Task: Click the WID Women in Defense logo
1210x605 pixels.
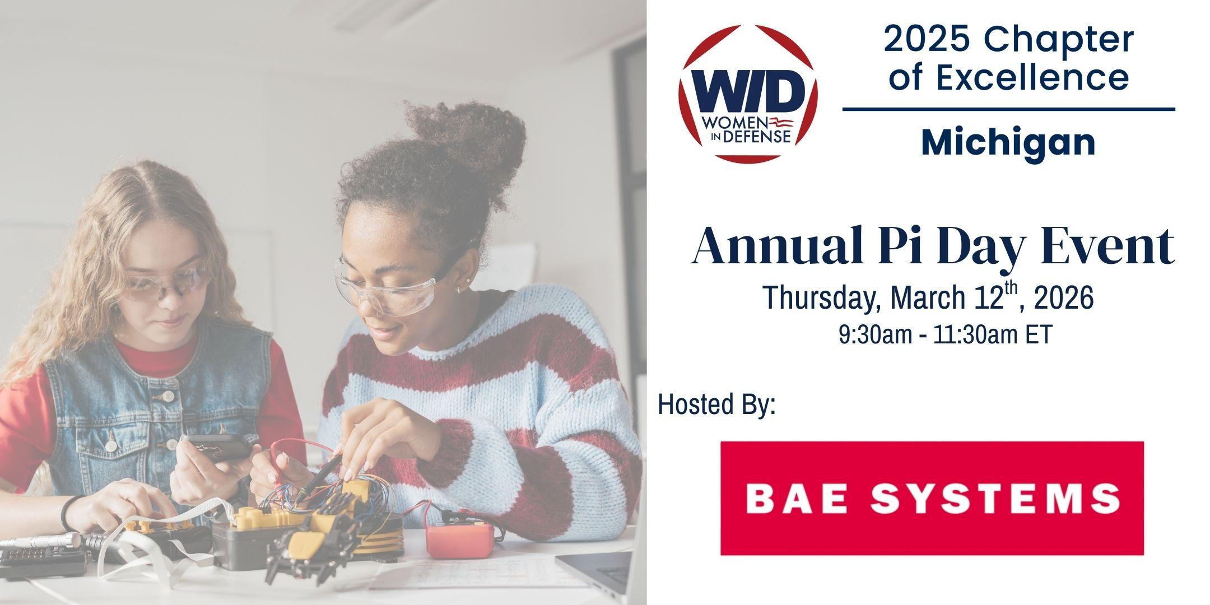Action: pyautogui.click(x=748, y=94)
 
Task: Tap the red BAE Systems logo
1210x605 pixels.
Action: pyautogui.click(x=932, y=498)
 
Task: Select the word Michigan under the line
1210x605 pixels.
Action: pyautogui.click(x=1008, y=142)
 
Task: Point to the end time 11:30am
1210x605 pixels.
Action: pyautogui.click(x=974, y=335)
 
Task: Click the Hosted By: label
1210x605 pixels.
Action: pyautogui.click(x=717, y=404)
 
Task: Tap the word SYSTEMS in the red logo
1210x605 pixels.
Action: pyautogui.click(x=1000, y=499)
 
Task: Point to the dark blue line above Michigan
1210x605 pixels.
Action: pyautogui.click(x=1008, y=109)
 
